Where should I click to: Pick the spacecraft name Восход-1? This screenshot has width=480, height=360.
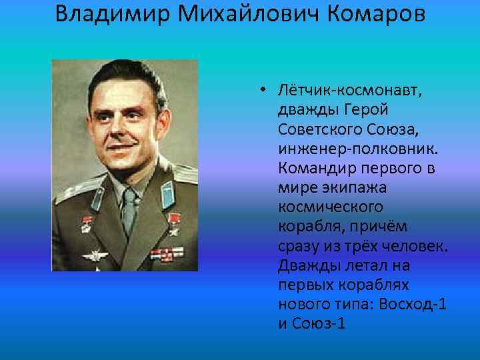pyautogui.click(x=414, y=305)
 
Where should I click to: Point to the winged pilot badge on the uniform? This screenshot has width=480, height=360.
pyautogui.click(x=95, y=255)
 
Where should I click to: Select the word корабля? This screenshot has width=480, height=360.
pyautogui.click(x=308, y=227)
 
